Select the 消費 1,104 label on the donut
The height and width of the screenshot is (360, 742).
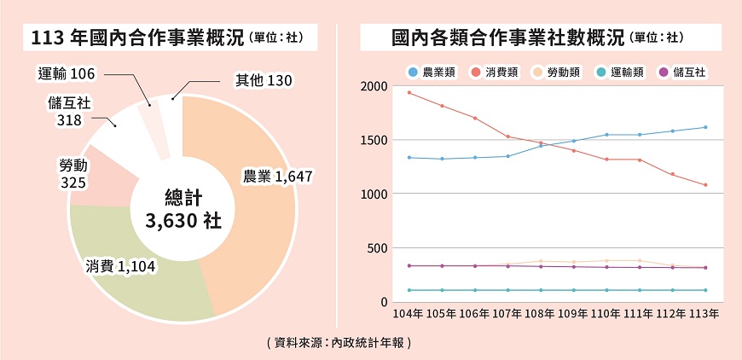pyautogui.click(x=120, y=267)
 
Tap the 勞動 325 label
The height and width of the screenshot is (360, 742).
pyautogui.click(x=72, y=172)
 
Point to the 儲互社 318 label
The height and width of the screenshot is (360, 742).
pyautogui.click(x=70, y=112)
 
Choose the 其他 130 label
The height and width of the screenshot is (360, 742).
pyautogui.click(x=264, y=80)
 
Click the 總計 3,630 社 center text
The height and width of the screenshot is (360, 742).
pyautogui.click(x=183, y=209)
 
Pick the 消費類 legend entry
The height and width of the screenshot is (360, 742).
pyautogui.click(x=495, y=72)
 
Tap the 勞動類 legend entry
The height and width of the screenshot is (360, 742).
pyautogui.click(x=556, y=72)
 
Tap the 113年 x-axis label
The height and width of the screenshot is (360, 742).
pyautogui.click(x=704, y=314)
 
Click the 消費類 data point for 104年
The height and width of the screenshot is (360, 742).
pyautogui.click(x=409, y=92)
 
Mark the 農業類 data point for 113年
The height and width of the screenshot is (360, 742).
pyautogui.click(x=704, y=127)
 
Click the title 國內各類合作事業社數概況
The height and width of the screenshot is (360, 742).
pyautogui.click(x=508, y=38)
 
